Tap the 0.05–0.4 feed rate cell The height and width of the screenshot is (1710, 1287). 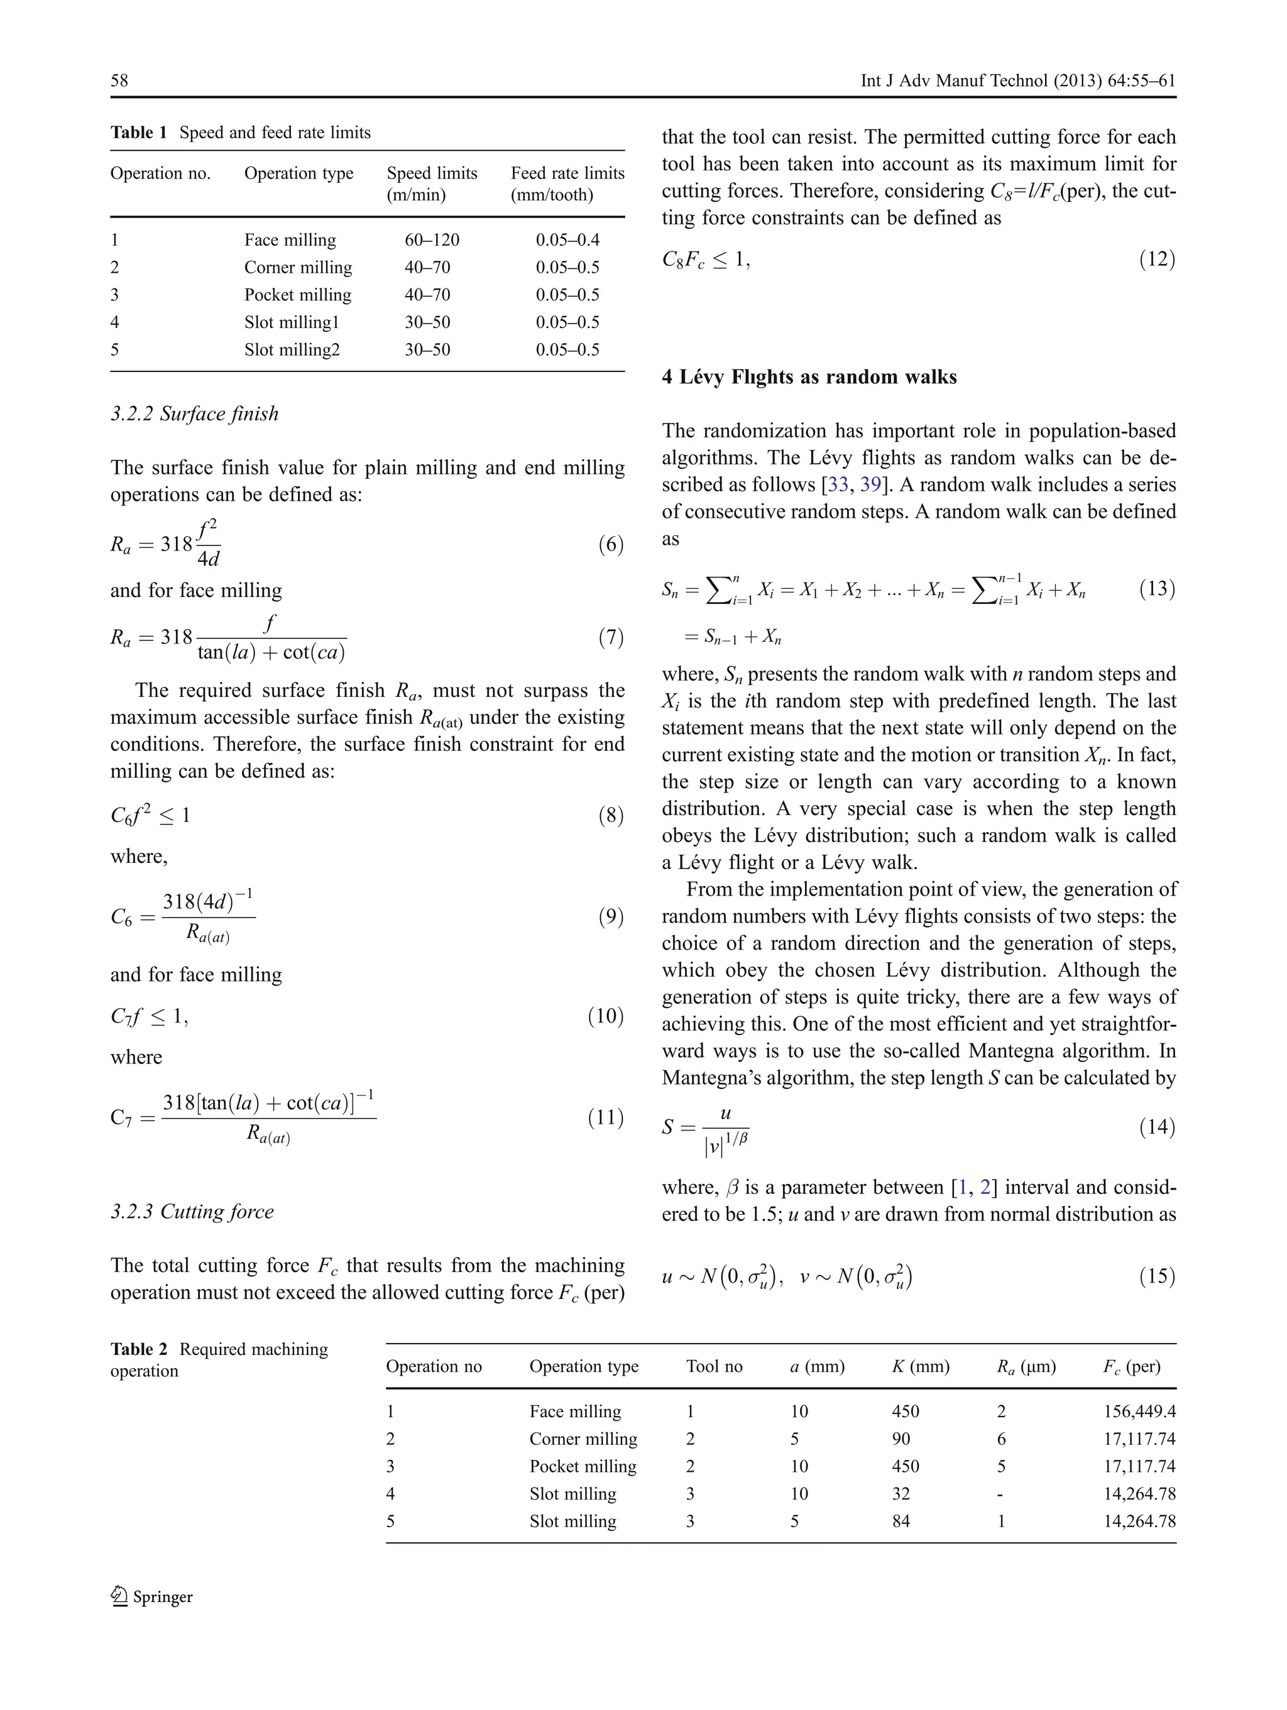[567, 239]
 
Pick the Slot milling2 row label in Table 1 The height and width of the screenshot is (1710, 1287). [292, 349]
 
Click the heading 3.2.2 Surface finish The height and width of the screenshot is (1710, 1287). [194, 414]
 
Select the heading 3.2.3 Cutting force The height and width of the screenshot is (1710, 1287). [192, 1212]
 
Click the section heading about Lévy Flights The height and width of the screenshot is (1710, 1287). [809, 376]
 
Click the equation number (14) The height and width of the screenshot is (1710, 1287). [1156, 1127]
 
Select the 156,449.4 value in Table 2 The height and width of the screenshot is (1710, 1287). [1139, 1411]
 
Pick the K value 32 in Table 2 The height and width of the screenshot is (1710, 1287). [901, 1494]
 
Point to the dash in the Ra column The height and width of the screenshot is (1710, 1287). [1000, 1494]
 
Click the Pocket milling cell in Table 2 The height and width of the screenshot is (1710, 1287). [582, 1466]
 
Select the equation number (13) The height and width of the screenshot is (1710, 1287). [1156, 588]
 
